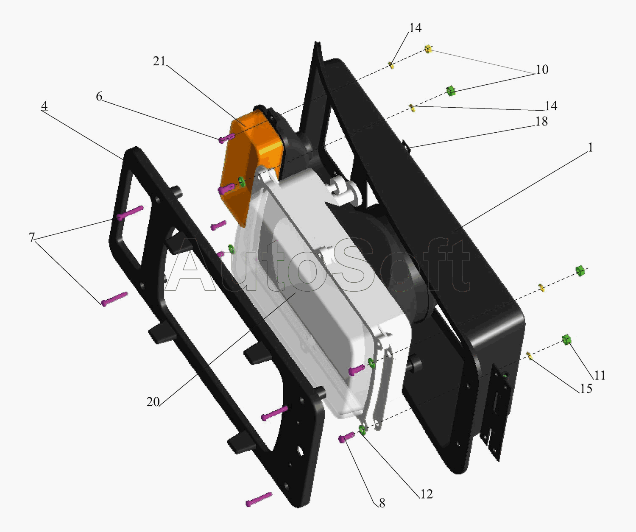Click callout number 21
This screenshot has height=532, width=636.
click(159, 61)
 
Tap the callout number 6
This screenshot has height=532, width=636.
click(99, 97)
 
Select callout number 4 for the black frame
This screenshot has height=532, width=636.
click(45, 106)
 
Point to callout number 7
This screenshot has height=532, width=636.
click(32, 237)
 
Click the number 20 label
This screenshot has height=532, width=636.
click(153, 402)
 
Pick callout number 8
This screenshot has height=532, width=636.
click(382, 503)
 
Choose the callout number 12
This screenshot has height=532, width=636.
click(427, 494)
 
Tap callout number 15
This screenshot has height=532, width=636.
click(586, 389)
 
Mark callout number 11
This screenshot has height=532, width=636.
click(600, 376)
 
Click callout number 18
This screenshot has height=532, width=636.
click(541, 122)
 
